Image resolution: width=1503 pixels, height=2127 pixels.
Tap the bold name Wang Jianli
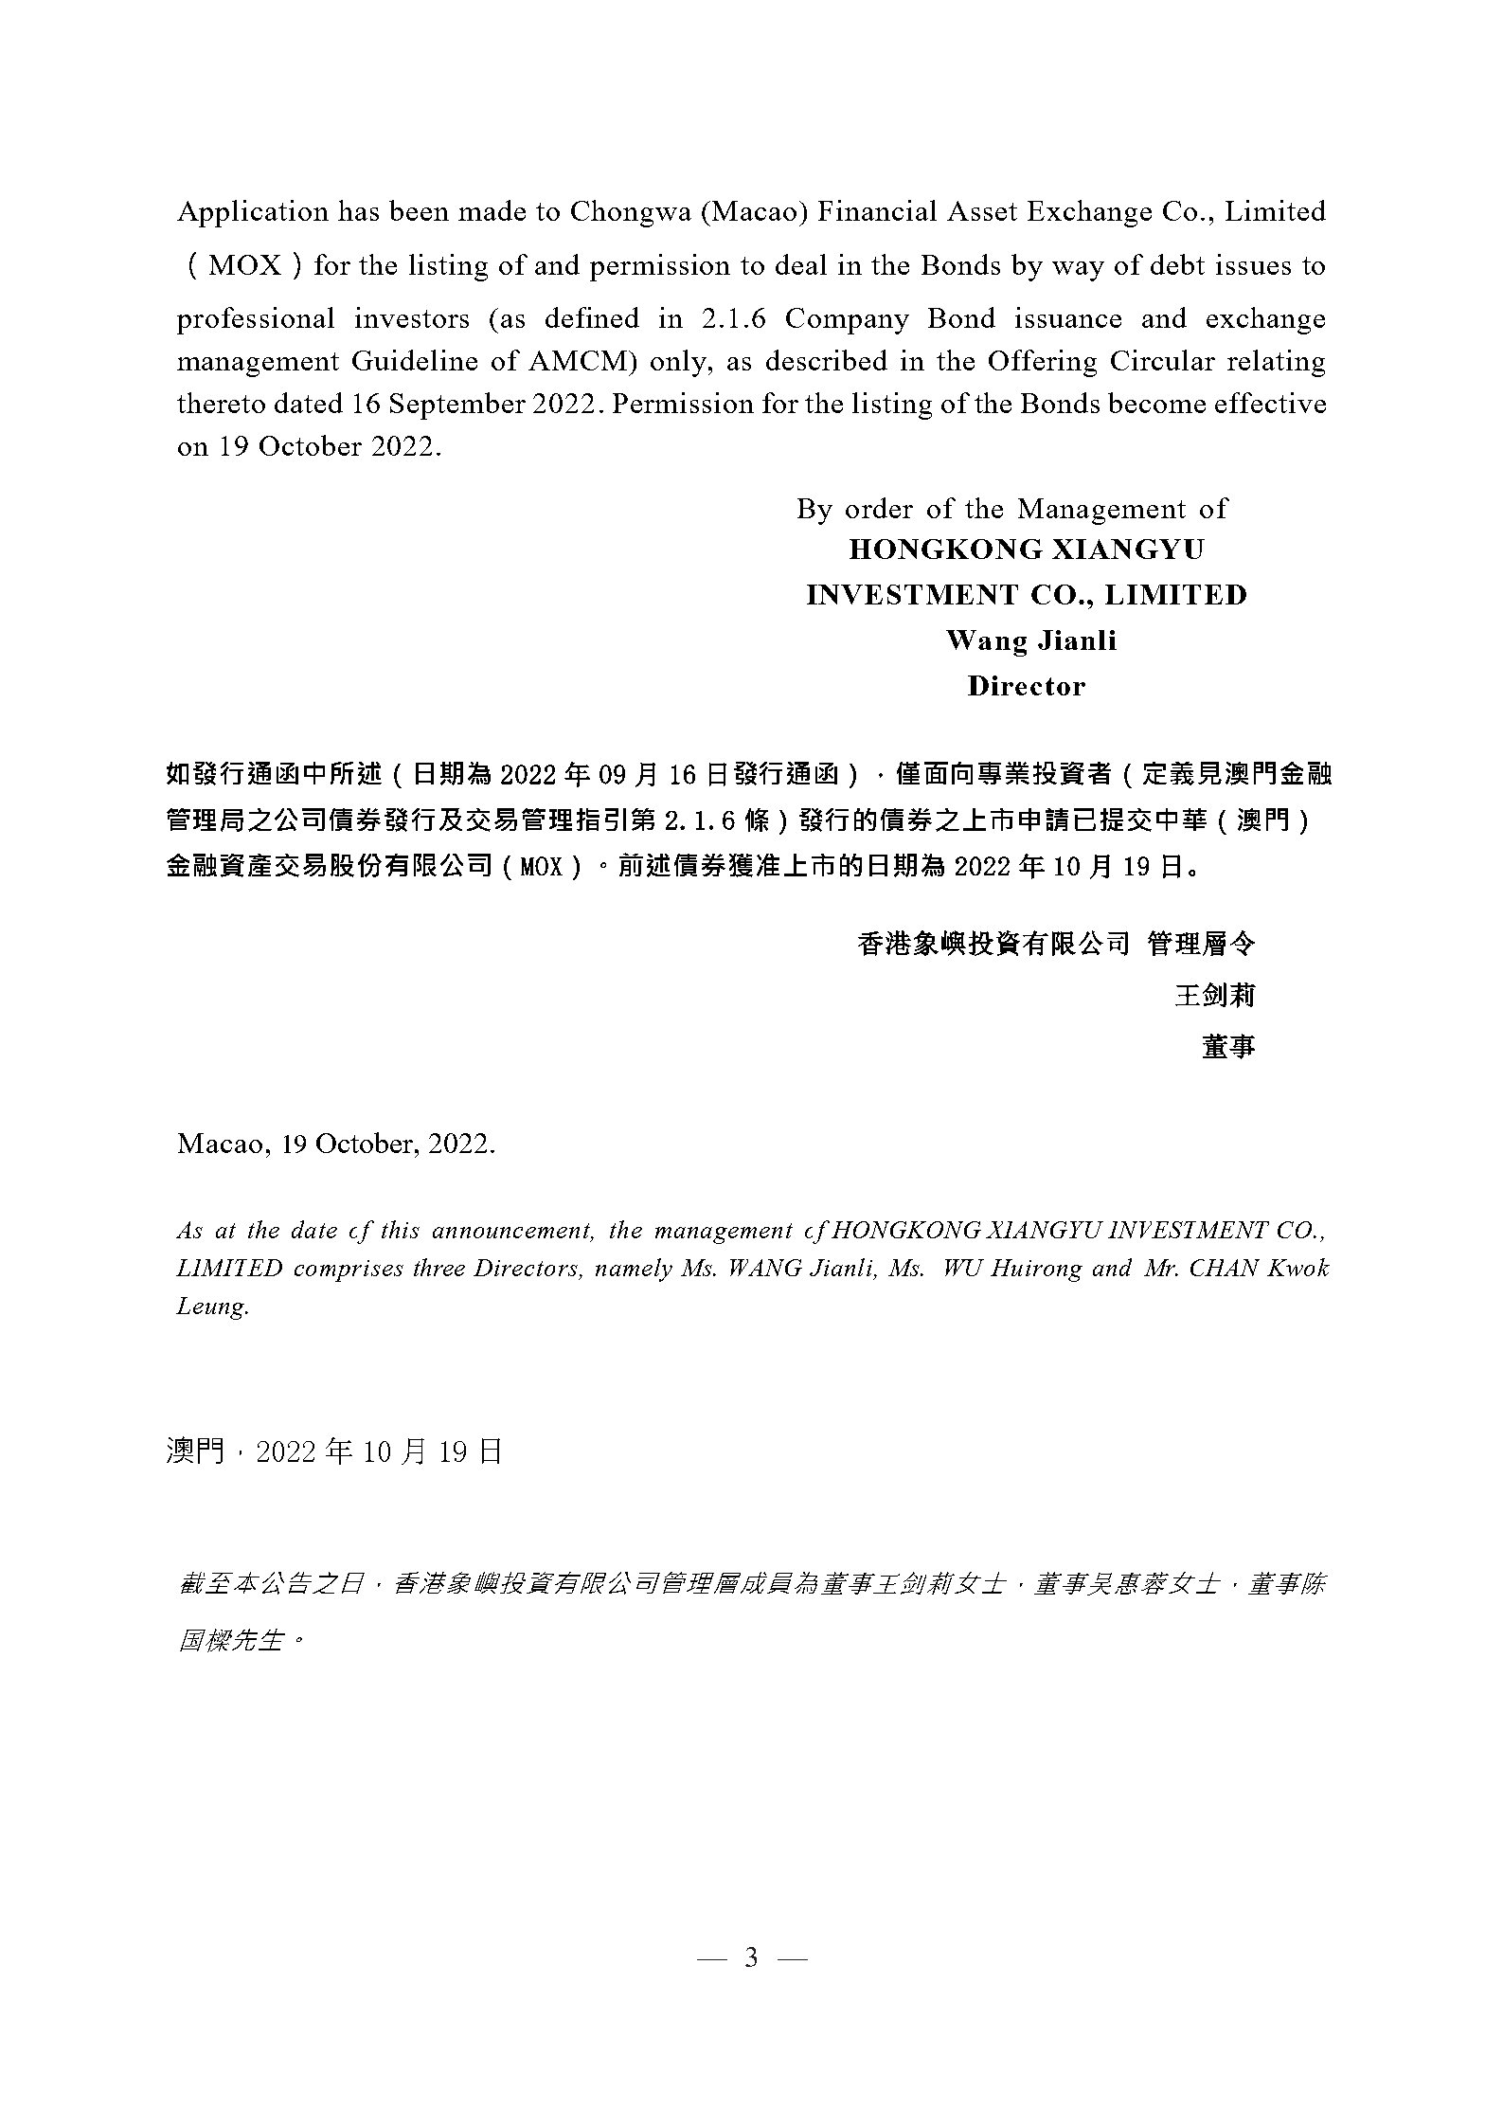point(1030,640)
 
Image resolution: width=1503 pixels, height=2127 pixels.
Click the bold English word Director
point(1026,686)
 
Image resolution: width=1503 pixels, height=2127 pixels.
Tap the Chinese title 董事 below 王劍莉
point(1228,1046)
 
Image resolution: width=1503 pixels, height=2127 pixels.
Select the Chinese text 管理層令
point(1201,944)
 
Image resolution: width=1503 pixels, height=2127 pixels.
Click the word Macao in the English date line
point(224,1145)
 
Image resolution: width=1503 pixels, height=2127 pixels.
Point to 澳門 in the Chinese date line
point(193,1451)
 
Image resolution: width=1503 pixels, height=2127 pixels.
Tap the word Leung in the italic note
point(212,1307)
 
